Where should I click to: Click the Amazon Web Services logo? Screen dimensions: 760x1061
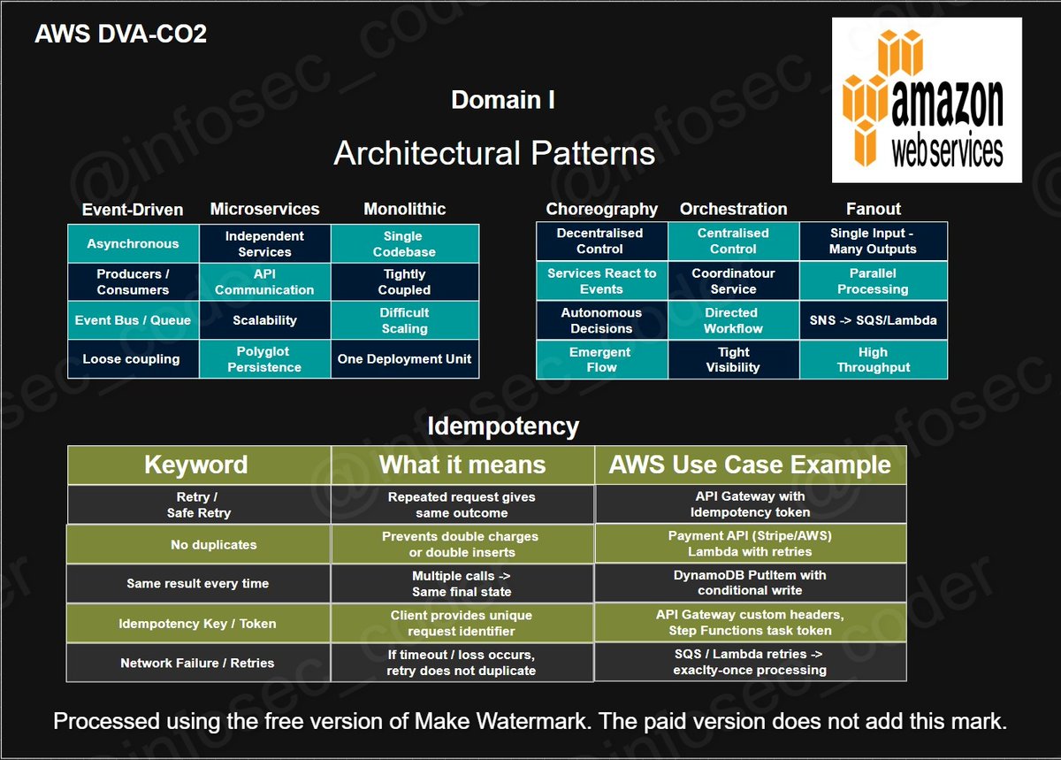[927, 100]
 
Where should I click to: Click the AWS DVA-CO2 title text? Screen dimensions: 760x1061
[120, 35]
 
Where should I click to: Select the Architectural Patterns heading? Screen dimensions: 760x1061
[494, 153]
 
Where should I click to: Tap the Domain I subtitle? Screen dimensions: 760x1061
[503, 100]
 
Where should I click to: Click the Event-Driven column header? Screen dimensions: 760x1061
[133, 210]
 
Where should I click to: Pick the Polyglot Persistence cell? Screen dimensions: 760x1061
[264, 359]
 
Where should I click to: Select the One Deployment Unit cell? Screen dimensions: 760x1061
[404, 359]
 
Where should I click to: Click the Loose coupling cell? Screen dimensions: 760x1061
[131, 359]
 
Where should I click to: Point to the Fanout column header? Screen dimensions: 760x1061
[873, 210]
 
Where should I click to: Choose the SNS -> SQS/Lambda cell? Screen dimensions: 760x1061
[873, 320]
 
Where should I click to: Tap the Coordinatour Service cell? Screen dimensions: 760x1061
[733, 281]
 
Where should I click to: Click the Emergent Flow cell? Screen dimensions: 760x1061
[601, 359]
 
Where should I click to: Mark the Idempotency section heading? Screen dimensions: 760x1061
[502, 426]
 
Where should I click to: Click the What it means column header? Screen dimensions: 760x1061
[462, 464]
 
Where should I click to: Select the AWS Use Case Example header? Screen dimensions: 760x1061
[750, 464]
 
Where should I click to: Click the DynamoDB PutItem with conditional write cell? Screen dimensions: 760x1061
[750, 583]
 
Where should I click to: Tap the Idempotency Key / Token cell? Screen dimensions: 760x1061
[198, 624]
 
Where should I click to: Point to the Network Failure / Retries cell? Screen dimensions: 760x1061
[198, 663]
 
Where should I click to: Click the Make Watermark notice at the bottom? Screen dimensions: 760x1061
[530, 721]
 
